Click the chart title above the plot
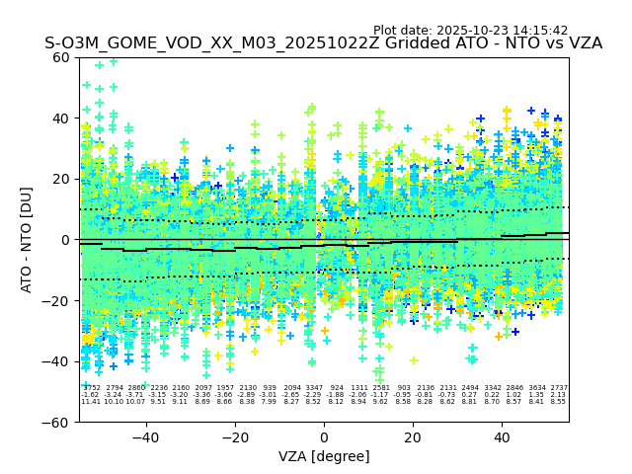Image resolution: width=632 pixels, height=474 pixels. click(x=323, y=44)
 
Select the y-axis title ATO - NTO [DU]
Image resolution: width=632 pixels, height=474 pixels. click(x=28, y=240)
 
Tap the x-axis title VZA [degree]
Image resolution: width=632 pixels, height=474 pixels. click(x=324, y=456)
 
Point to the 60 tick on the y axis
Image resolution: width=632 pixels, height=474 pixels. click(x=62, y=57)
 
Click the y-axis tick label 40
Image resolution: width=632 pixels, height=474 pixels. click(x=62, y=118)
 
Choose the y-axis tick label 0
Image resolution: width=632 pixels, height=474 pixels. click(x=66, y=240)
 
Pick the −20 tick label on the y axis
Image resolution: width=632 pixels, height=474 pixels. click(x=58, y=301)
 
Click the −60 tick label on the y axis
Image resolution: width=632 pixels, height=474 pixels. click(x=58, y=423)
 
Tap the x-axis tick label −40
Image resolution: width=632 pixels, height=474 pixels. click(x=145, y=437)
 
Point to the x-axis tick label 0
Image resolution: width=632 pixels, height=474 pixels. click(x=324, y=437)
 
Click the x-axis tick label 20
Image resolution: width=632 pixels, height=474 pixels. click(x=413, y=437)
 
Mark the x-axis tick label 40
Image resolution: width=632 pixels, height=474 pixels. click(x=502, y=437)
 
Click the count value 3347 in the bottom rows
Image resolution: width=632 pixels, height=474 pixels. click(x=314, y=388)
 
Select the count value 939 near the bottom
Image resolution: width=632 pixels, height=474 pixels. click(x=270, y=388)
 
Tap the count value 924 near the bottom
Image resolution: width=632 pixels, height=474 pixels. click(x=337, y=388)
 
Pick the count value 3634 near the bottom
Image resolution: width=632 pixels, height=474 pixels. click(x=537, y=388)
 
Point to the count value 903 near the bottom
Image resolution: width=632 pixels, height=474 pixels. click(x=404, y=388)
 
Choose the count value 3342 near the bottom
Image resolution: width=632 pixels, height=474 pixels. click(x=493, y=388)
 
